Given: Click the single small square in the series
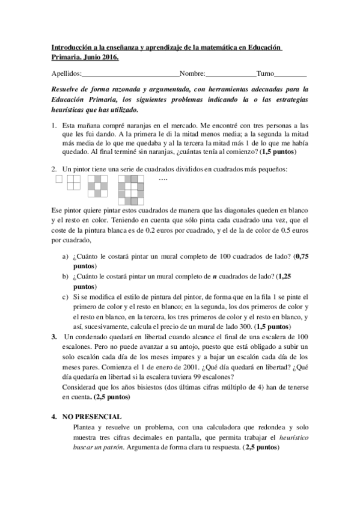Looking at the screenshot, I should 58,179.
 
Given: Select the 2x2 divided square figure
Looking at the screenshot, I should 73,182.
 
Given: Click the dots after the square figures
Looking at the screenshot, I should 162,179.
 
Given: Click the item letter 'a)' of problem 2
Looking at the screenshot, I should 65,256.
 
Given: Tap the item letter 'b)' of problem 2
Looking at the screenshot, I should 65,276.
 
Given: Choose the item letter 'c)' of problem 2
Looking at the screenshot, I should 65,296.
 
